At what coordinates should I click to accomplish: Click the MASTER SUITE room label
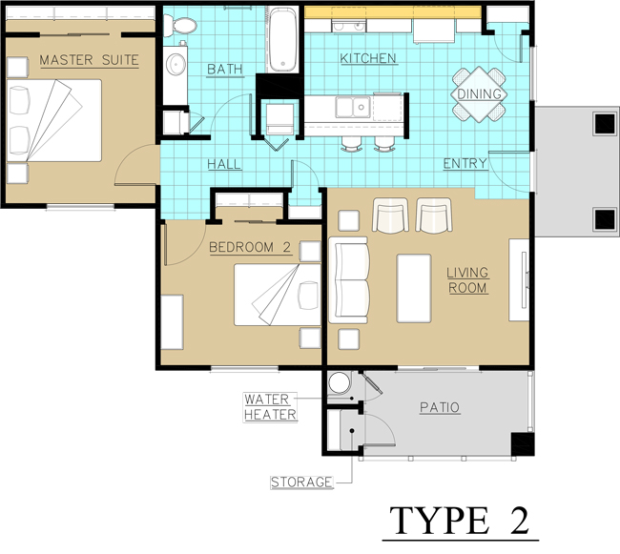89,61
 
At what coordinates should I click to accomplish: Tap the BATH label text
225,70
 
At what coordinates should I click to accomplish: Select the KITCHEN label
368,59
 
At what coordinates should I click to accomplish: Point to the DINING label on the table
480,93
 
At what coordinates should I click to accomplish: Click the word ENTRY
465,164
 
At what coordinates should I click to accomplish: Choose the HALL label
224,165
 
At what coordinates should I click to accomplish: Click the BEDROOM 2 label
250,248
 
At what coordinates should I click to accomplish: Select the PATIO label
440,408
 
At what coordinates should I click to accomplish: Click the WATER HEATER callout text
270,407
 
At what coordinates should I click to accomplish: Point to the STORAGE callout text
300,482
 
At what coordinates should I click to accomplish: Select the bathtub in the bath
282,40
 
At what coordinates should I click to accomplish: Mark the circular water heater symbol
338,383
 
